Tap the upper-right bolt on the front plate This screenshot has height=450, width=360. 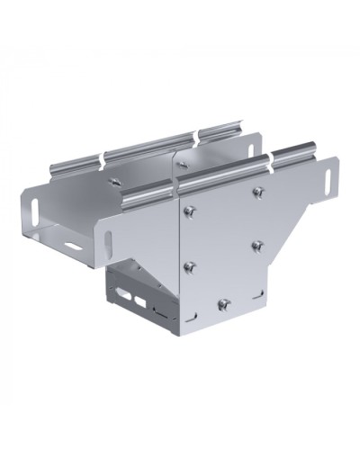coord(259,191)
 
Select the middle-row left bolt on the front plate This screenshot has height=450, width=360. coord(190,265)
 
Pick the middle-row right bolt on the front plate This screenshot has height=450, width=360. coord(258,245)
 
